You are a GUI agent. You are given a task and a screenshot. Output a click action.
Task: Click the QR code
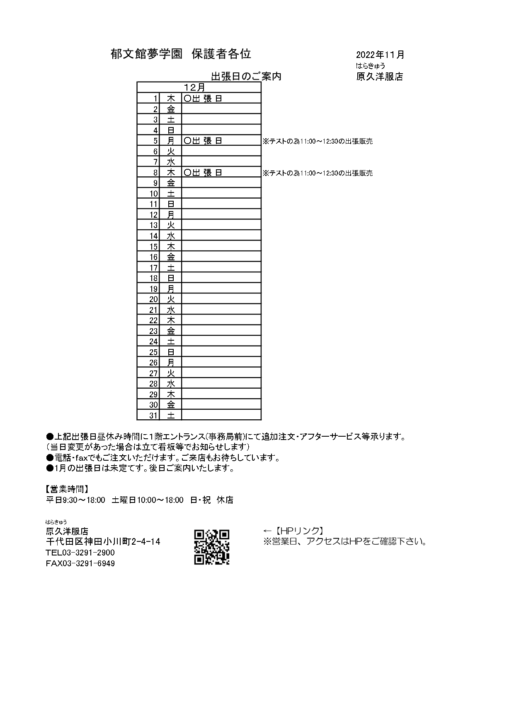(211, 547)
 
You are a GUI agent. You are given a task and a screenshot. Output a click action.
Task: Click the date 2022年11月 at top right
(380, 55)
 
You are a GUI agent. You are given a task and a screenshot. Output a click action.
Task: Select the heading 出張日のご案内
(246, 76)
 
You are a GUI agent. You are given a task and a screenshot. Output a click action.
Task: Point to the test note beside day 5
(318, 142)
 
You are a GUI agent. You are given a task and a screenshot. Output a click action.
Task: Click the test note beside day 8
(318, 173)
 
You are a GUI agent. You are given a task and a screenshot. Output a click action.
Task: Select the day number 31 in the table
(154, 415)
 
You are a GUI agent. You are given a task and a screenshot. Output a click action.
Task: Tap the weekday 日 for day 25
(171, 352)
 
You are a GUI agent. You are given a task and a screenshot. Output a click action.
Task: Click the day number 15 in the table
(154, 247)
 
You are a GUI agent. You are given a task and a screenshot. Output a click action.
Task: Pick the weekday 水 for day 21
(171, 310)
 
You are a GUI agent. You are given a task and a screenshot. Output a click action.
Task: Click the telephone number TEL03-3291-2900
(80, 553)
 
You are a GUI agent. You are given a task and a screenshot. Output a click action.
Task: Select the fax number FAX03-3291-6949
(80, 563)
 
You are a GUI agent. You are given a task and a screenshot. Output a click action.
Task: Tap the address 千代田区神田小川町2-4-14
(103, 541)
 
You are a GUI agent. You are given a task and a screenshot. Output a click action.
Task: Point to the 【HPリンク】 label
(298, 531)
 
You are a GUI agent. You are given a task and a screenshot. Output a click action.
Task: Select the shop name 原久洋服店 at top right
(379, 77)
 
